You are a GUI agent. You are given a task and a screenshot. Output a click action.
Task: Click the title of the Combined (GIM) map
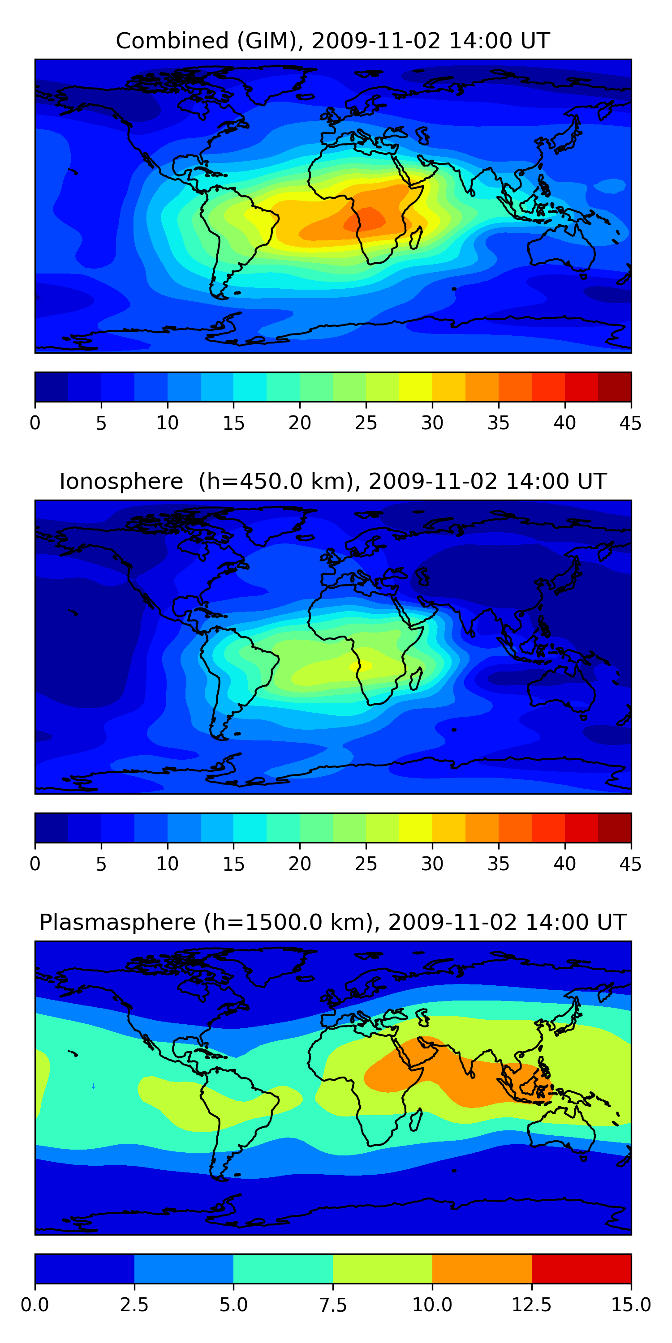pos(333,41)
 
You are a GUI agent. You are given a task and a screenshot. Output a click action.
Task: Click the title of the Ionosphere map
pos(333,481)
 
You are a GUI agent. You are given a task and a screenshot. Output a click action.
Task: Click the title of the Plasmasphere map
pos(333,922)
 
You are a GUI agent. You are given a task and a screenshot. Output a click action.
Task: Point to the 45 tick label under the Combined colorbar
pos(630,423)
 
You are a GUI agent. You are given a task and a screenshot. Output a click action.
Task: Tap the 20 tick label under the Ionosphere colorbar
pos(299,864)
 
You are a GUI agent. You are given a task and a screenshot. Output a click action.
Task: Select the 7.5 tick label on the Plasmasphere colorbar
pos(333,1305)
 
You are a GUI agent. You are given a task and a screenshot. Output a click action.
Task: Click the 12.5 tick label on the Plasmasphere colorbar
pos(531,1305)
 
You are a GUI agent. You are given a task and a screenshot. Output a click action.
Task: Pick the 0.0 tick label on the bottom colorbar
pos(35,1305)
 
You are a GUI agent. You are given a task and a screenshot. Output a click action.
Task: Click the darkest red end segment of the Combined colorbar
pos(614,387)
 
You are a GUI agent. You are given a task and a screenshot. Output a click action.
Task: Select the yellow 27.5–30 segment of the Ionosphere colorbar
pos(415,827)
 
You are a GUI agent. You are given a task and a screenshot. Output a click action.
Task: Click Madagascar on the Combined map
pos(416,238)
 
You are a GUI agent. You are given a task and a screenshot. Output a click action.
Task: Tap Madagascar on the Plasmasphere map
pos(416,1119)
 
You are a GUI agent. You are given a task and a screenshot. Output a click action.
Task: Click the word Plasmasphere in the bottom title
pos(117,922)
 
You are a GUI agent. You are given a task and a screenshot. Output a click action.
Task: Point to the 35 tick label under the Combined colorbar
pos(498,423)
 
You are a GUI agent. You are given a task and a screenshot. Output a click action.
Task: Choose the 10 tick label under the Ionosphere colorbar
pos(168,864)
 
